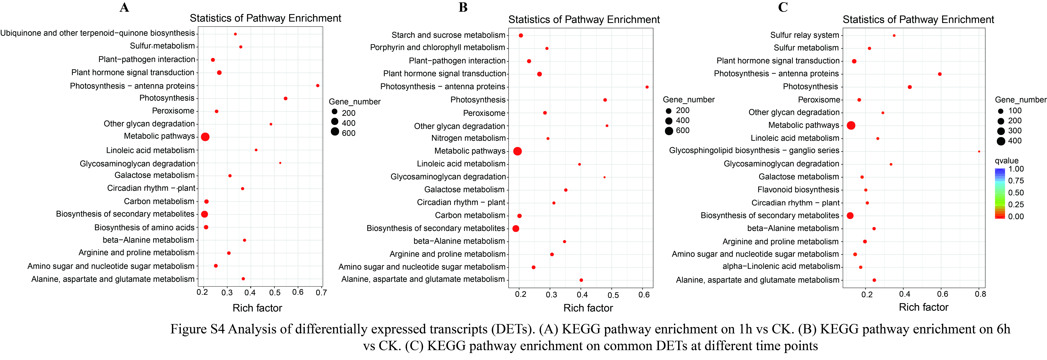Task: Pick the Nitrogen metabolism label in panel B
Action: click(x=468, y=138)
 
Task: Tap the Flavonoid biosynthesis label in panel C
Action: click(x=798, y=190)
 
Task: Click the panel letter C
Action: click(x=783, y=7)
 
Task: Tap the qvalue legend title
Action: click(x=1007, y=161)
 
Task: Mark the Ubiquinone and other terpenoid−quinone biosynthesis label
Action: click(x=98, y=33)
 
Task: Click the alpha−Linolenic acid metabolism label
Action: click(x=781, y=266)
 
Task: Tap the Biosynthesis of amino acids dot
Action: click(x=206, y=227)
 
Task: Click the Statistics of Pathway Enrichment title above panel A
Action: click(x=265, y=18)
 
